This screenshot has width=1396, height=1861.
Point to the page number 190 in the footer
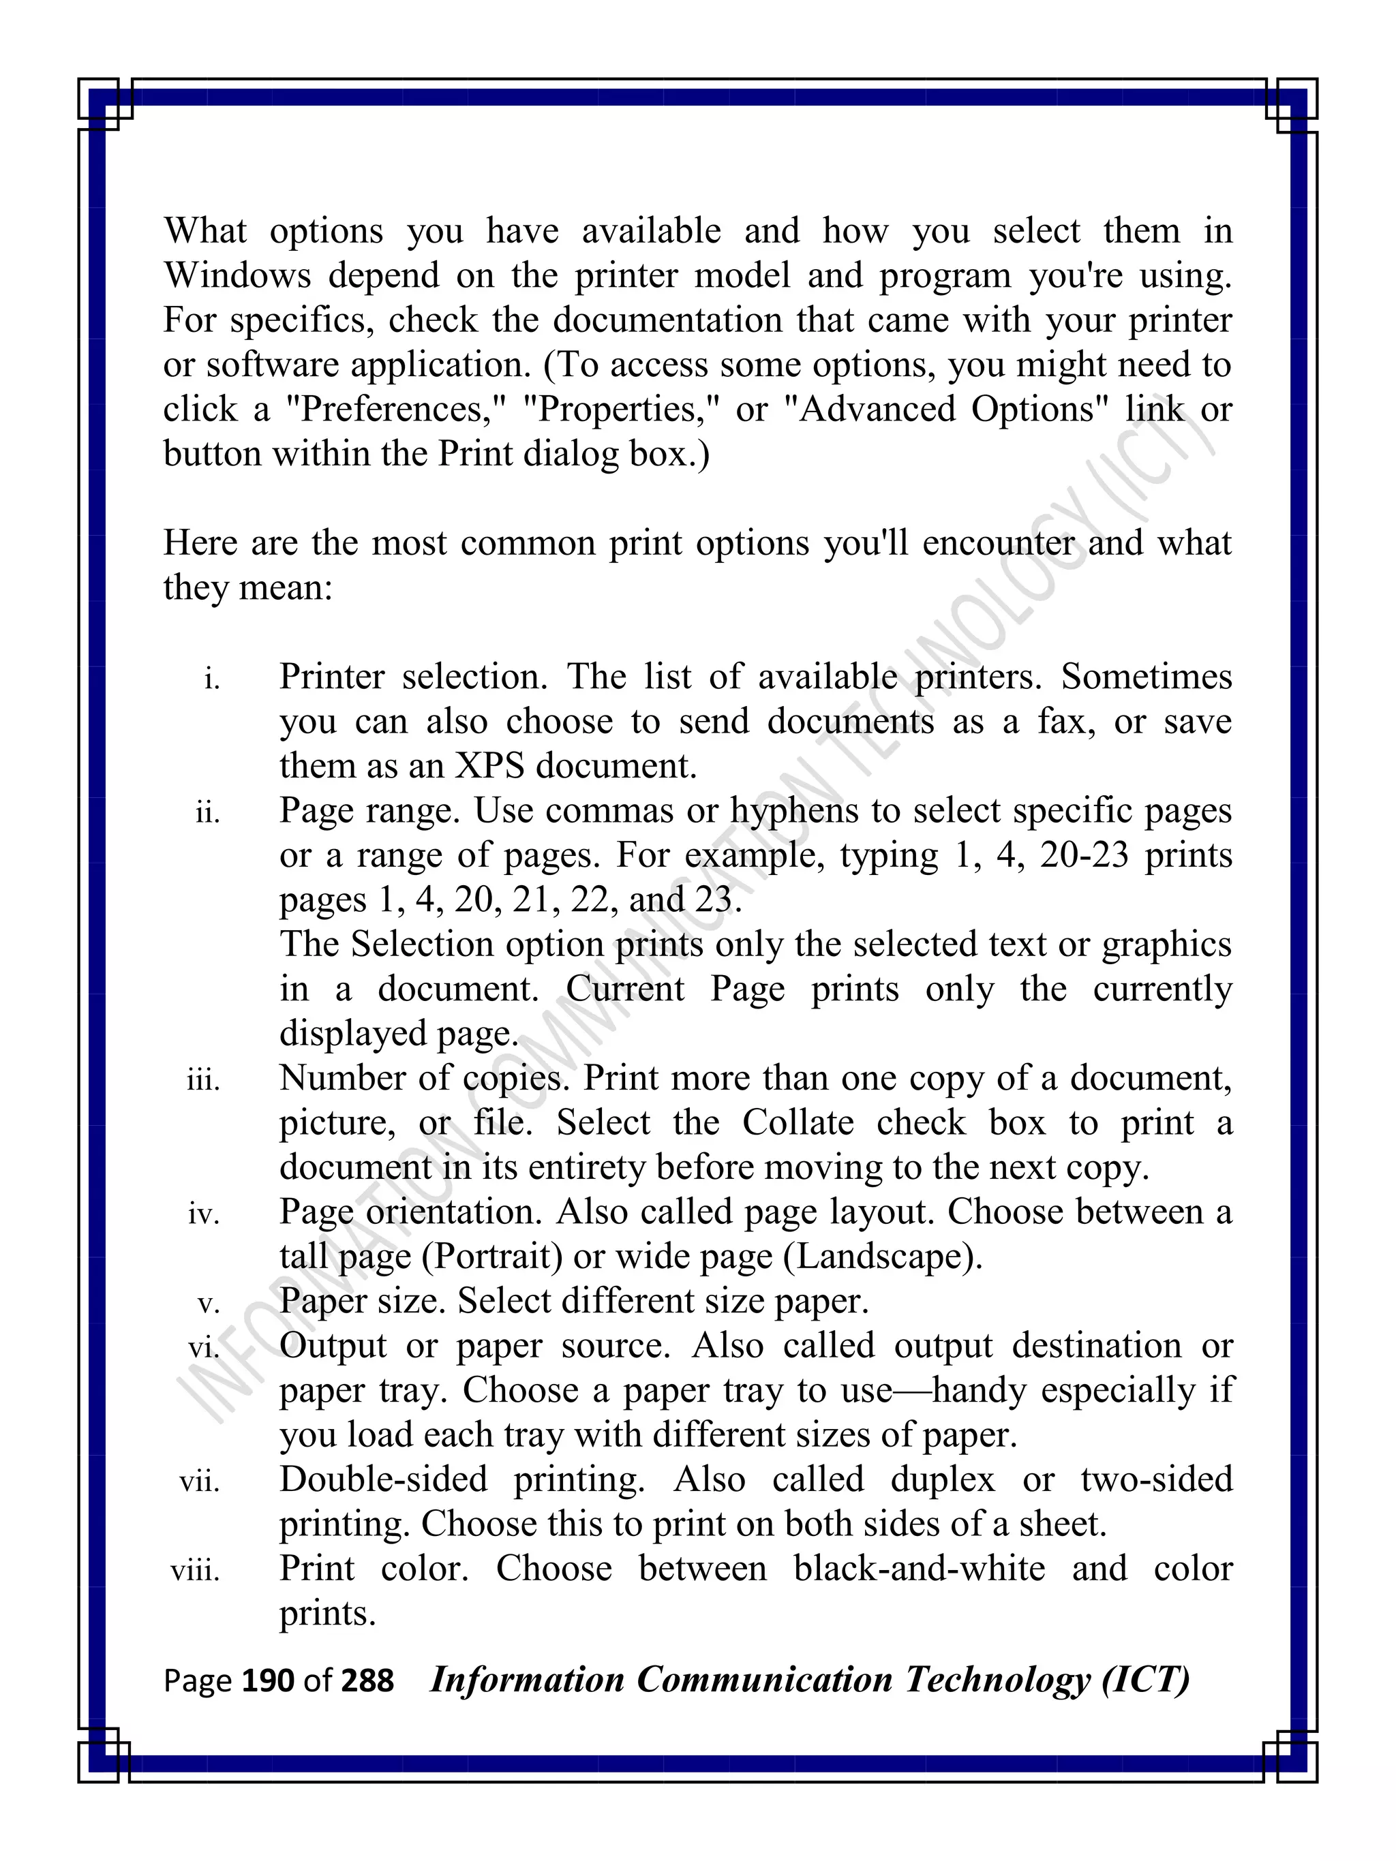[268, 1681]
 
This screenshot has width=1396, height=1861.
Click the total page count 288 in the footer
[367, 1681]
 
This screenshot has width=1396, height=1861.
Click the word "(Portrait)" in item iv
[492, 1257]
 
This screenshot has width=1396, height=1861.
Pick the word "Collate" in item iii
[798, 1123]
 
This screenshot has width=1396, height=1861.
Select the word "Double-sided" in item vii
[384, 1480]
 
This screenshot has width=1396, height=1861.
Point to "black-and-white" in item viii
[919, 1569]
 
